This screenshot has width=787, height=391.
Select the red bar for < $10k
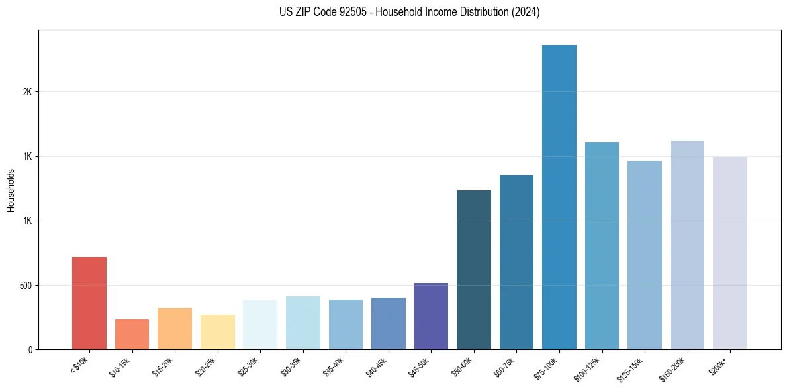click(89, 303)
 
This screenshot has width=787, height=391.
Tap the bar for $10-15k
click(132, 334)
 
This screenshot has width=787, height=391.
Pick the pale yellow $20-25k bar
click(218, 331)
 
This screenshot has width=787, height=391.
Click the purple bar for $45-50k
click(431, 316)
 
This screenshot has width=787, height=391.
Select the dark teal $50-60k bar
click(474, 270)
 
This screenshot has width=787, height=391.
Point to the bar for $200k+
click(729, 253)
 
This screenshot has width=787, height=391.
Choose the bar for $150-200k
click(687, 245)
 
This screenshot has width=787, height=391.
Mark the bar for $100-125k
click(602, 246)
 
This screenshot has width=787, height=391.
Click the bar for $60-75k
click(516, 262)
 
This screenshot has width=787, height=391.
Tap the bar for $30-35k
click(303, 323)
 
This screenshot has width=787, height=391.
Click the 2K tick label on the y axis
click(27, 92)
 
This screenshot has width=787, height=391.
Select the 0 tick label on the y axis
click(30, 350)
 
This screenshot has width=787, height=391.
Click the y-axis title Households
click(11, 190)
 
